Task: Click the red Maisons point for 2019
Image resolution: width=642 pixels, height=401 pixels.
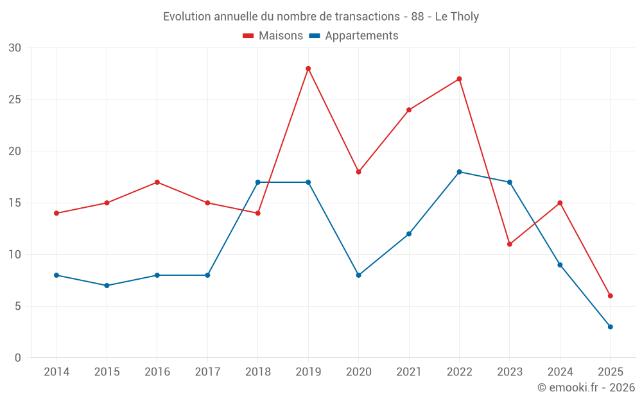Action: pyautogui.click(x=308, y=69)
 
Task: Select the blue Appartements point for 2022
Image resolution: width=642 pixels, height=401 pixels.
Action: pyautogui.click(x=459, y=172)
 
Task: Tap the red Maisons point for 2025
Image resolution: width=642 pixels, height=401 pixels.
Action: pyautogui.click(x=610, y=296)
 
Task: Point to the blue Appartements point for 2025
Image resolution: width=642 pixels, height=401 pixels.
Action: pyautogui.click(x=610, y=327)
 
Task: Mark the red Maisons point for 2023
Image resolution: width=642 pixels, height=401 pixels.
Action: pyautogui.click(x=510, y=244)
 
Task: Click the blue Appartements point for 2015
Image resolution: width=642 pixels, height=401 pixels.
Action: pyautogui.click(x=107, y=286)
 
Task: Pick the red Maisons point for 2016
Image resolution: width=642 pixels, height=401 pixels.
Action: pyautogui.click(x=157, y=182)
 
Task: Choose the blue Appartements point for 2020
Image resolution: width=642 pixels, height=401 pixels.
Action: pyautogui.click(x=359, y=275)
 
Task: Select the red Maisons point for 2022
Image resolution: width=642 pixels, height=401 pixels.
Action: pyautogui.click(x=459, y=79)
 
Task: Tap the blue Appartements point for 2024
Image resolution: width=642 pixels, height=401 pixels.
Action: pyautogui.click(x=560, y=265)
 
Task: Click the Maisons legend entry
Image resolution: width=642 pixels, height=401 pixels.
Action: pyautogui.click(x=273, y=36)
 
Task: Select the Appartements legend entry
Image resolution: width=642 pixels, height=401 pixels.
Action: pyautogui.click(x=354, y=36)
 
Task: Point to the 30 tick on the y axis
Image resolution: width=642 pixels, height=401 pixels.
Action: pyautogui.click(x=15, y=48)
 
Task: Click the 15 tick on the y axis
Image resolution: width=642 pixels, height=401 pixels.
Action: pyautogui.click(x=15, y=203)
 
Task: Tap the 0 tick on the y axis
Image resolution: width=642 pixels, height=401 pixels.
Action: pyautogui.click(x=18, y=358)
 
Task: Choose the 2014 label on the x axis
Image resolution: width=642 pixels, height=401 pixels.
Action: pyautogui.click(x=56, y=372)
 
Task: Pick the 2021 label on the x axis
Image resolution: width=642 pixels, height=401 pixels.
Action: pyautogui.click(x=409, y=372)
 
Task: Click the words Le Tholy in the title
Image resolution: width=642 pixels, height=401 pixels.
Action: pyautogui.click(x=456, y=17)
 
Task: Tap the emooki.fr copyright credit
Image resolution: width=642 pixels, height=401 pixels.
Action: pyautogui.click(x=586, y=388)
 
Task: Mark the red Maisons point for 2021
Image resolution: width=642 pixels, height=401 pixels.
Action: pyautogui.click(x=409, y=110)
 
